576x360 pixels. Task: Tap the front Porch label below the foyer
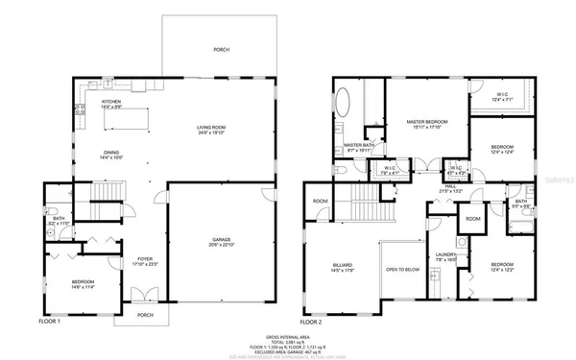(145, 314)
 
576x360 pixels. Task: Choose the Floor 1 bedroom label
(82, 281)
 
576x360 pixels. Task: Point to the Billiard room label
(341, 266)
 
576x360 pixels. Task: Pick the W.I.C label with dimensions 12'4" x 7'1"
(502, 96)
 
